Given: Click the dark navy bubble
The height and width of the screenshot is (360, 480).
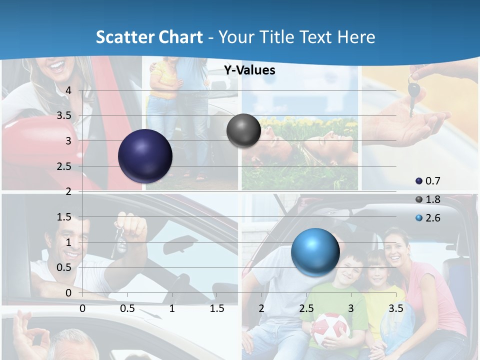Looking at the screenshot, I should [145, 156].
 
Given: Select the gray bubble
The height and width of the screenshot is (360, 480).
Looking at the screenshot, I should [243, 130].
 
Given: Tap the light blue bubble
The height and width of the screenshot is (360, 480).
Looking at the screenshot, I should [315, 252].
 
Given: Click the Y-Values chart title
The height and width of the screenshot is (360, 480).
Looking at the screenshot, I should [249, 70].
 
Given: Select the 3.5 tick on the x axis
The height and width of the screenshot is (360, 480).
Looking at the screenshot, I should [395, 308].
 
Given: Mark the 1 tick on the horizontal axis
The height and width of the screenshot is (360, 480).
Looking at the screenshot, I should [172, 308].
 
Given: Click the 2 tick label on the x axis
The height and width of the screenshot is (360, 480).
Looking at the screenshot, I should [261, 308].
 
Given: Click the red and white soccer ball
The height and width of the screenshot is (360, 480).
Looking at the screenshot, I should [329, 329].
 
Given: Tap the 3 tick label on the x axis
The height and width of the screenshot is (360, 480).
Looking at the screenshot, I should [351, 308].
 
